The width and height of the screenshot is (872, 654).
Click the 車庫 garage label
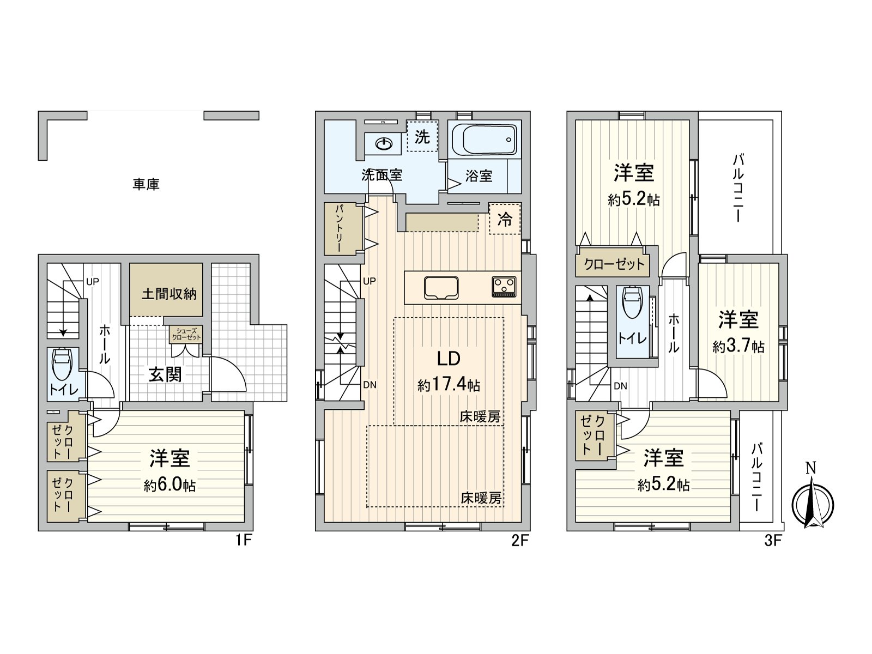pyautogui.click(x=146, y=185)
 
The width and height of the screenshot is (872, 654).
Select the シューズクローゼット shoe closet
pyautogui.click(x=186, y=334)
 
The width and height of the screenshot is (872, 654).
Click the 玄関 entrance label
pyautogui.click(x=165, y=374)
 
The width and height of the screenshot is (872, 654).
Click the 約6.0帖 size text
pyautogui.click(x=169, y=485)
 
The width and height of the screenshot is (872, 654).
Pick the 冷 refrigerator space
pyautogui.click(x=505, y=219)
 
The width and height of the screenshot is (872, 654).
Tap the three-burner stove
pyautogui.click(x=504, y=286)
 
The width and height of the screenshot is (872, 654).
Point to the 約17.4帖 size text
pyautogui.click(x=449, y=385)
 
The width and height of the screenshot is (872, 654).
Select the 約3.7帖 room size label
pyautogui.click(x=738, y=346)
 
